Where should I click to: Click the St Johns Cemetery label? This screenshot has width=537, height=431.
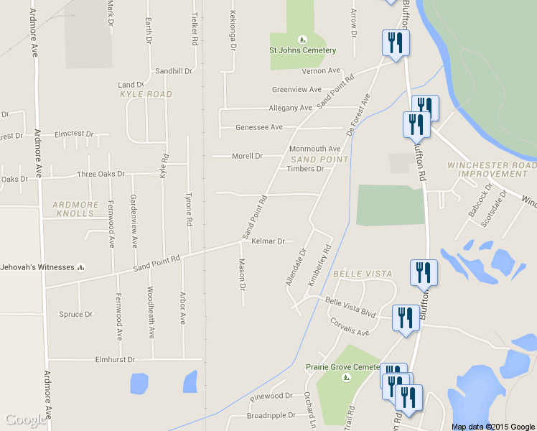302,50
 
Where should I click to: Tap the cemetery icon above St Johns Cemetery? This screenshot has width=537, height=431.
302,39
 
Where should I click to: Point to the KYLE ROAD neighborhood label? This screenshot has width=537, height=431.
146,94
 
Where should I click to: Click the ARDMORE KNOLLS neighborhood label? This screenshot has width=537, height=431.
75,209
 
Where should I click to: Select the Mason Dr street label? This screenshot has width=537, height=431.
242,274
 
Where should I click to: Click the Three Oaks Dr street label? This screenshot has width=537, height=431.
101,175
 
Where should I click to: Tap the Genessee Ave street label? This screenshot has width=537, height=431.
259,127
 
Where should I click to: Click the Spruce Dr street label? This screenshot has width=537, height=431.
76,315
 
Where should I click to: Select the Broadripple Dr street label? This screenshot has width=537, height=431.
271,416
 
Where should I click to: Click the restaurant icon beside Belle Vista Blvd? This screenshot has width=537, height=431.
406,318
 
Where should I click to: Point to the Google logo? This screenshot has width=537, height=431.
26,420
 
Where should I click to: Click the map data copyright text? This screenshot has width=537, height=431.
493,427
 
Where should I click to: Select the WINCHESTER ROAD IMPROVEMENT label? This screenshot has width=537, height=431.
492,169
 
